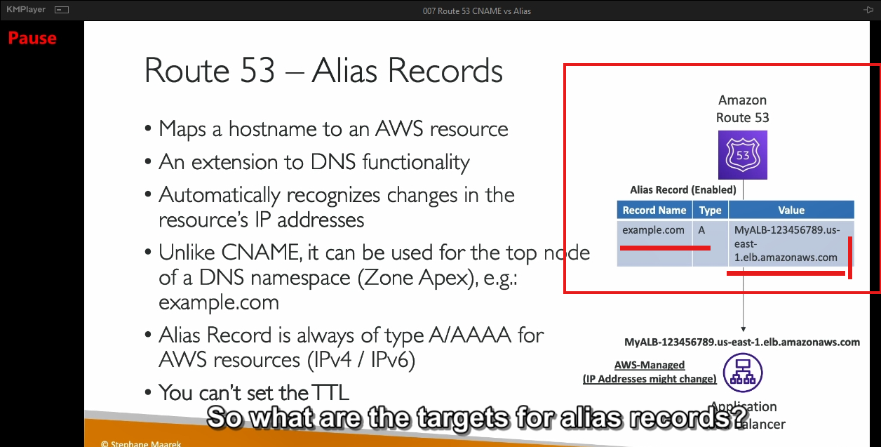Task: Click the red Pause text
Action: pos(32,38)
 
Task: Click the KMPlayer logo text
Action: pos(26,9)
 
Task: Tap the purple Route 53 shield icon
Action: pos(743,155)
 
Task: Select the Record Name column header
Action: pos(654,210)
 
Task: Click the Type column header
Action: pos(711,210)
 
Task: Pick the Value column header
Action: pos(791,210)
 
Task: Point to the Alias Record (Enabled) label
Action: pos(683,190)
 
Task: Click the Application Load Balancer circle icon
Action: pos(743,373)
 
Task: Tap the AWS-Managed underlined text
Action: pos(650,365)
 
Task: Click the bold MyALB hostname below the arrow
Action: pos(742,342)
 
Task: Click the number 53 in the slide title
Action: pos(257,71)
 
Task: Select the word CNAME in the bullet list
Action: pos(260,252)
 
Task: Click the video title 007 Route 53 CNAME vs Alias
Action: pos(477,11)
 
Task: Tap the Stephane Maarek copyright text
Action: pos(141,443)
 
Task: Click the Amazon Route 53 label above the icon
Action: pos(743,109)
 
